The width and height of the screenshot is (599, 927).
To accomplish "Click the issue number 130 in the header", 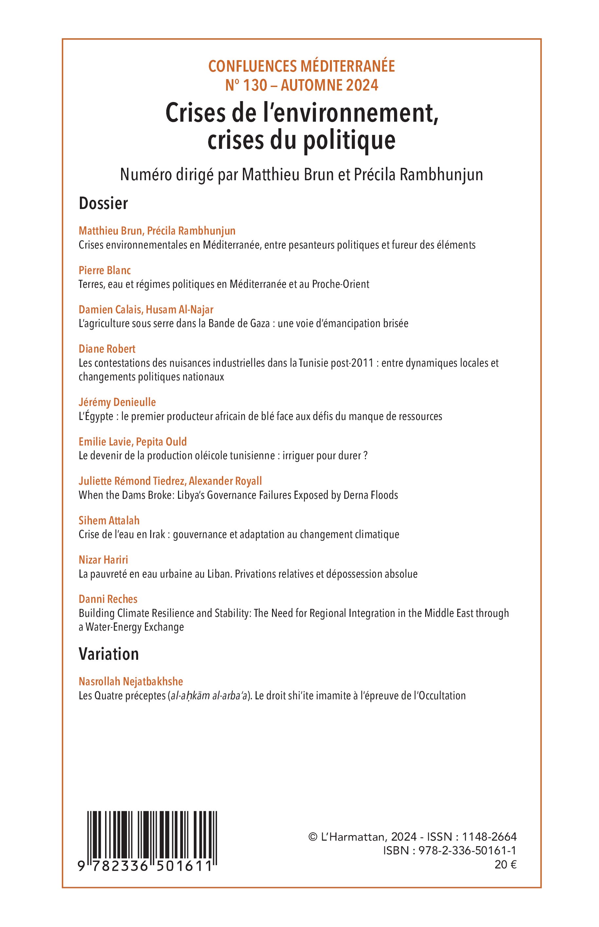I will [255, 85].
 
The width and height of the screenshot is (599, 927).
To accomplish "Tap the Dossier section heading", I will [103, 203].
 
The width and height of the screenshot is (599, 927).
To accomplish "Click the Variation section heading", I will [109, 654].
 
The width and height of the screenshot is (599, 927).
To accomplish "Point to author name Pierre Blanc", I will [105, 270].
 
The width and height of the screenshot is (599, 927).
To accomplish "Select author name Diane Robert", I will [107, 349].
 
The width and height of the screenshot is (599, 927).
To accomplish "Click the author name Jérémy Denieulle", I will [117, 402].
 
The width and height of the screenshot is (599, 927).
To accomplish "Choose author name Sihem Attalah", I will [109, 520].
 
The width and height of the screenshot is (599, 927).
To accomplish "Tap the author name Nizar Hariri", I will [103, 559].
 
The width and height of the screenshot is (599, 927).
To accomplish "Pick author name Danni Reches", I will [108, 599].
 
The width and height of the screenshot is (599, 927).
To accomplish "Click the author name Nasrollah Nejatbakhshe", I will [131, 681].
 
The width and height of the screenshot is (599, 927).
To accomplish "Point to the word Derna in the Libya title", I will [357, 495].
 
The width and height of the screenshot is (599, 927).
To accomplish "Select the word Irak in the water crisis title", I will [157, 534].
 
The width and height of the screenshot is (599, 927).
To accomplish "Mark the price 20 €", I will [506, 865].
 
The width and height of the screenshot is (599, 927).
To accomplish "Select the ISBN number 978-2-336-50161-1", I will [467, 851].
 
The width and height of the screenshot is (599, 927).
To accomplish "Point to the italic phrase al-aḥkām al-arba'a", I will [209, 696].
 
